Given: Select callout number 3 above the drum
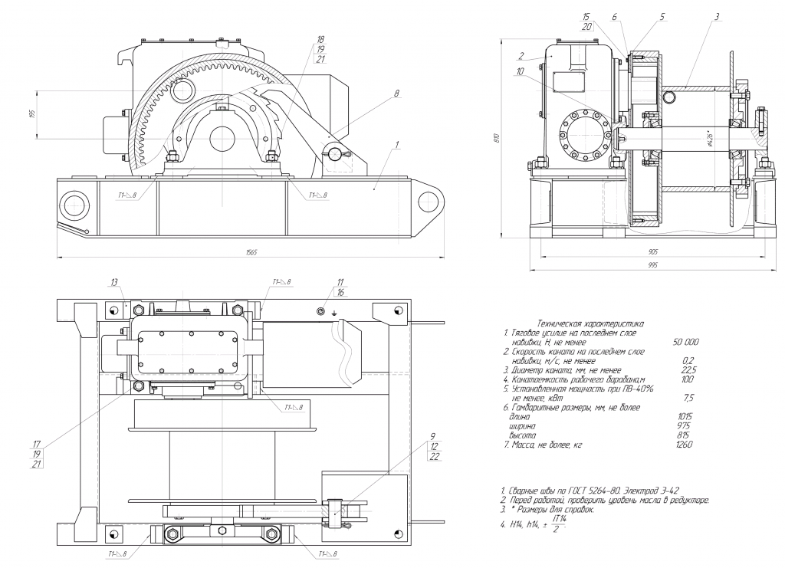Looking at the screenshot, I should (716, 16).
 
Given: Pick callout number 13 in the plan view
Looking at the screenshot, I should (114, 282).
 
